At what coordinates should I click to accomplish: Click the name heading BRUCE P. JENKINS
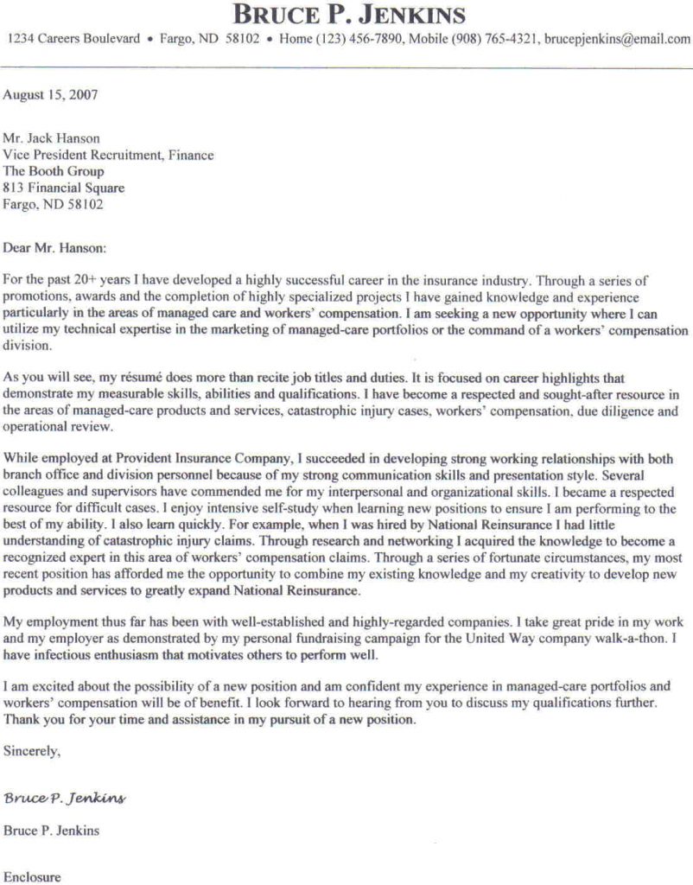click(349, 16)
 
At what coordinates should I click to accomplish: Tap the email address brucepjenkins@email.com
click(617, 40)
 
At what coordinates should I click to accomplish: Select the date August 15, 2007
click(50, 95)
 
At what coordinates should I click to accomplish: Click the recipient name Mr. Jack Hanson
click(51, 138)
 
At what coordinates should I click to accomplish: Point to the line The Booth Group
click(54, 171)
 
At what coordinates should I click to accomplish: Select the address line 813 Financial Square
click(64, 188)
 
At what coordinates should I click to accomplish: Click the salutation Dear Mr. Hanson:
click(55, 248)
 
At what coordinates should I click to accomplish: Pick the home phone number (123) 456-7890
click(359, 40)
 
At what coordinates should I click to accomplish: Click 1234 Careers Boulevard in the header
click(73, 40)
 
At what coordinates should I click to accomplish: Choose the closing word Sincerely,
click(32, 752)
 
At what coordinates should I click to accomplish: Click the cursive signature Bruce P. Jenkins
click(65, 797)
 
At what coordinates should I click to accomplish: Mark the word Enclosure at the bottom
click(32, 876)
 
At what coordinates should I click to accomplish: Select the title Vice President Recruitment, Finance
click(108, 155)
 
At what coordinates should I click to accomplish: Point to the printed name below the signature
click(51, 831)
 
